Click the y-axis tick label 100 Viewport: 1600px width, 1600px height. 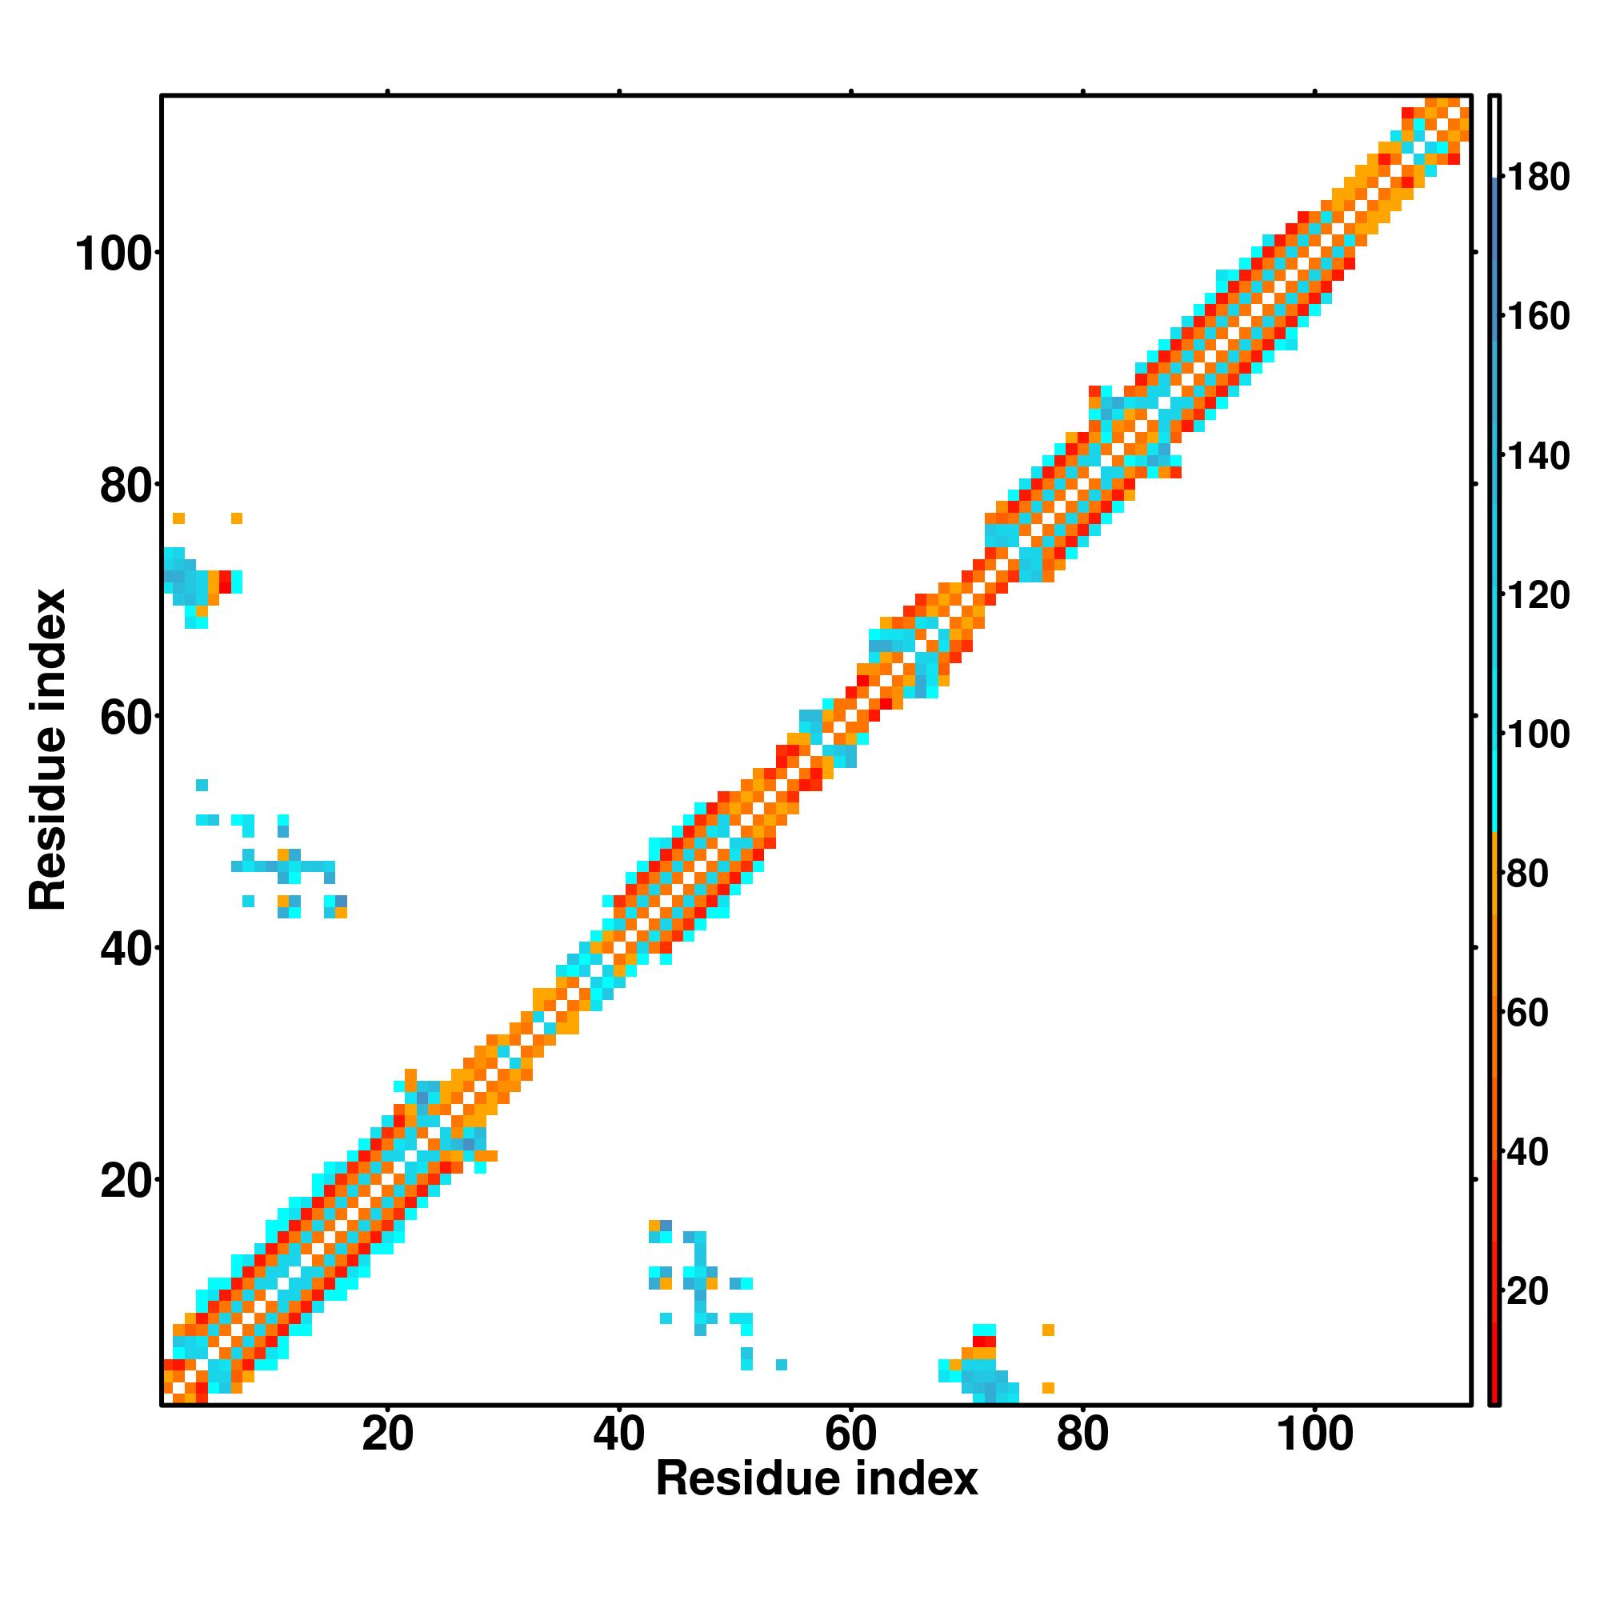116,255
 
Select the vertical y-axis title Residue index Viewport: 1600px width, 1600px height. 47,750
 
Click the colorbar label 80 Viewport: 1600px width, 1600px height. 1527,874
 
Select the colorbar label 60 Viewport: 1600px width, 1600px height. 1527,1013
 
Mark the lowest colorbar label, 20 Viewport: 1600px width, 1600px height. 1527,1291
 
